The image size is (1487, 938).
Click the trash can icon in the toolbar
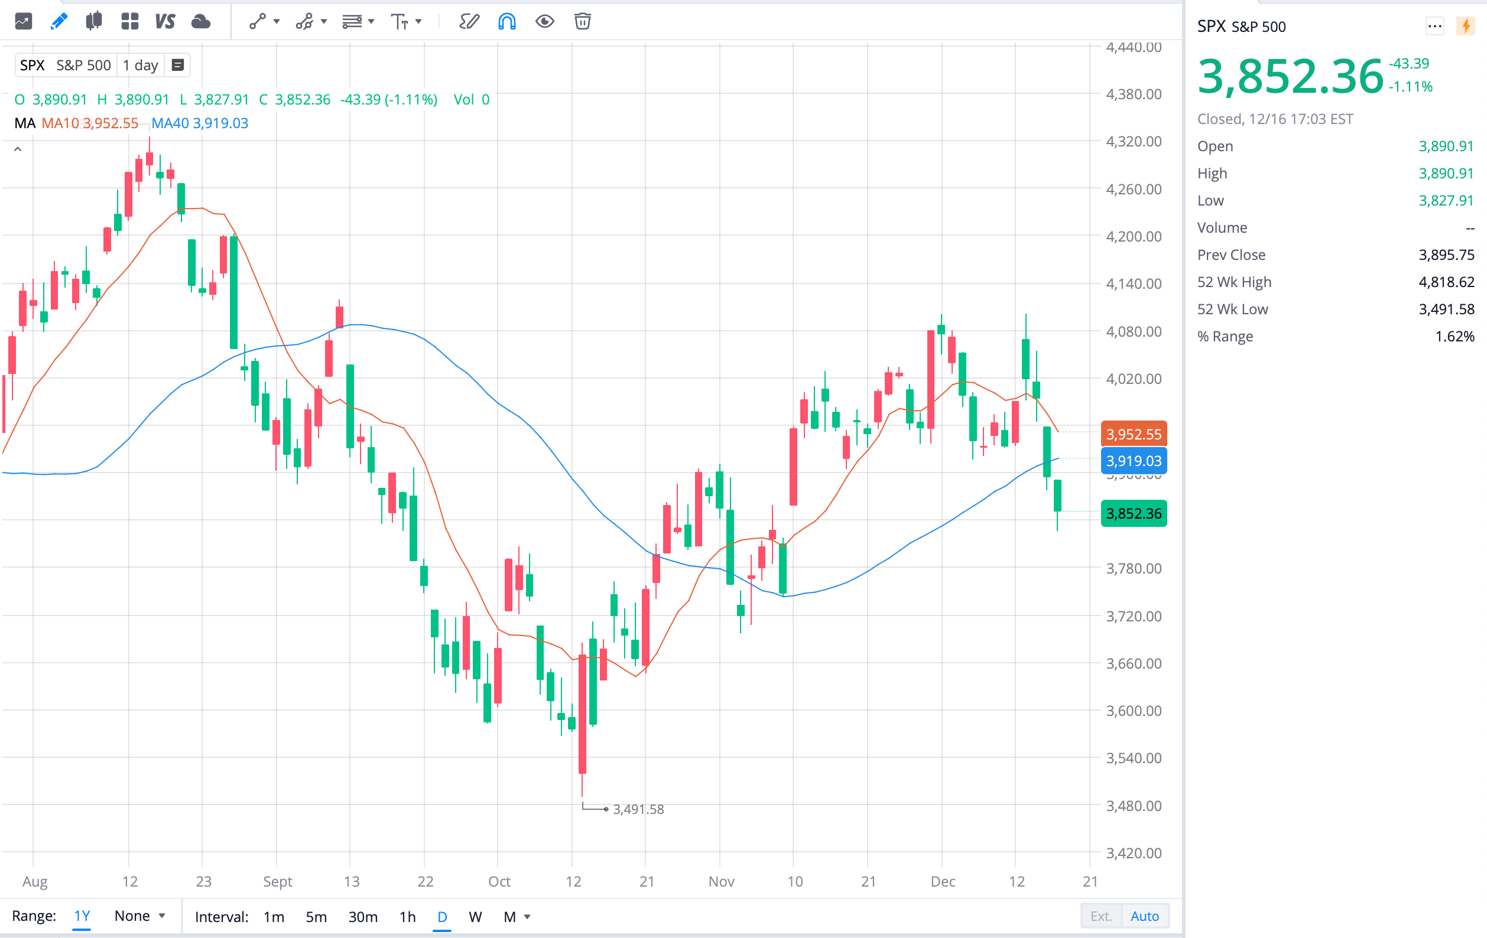[582, 22]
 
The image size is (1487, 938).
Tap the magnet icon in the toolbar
[507, 22]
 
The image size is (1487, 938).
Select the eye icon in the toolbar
[544, 22]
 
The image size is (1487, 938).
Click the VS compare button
[165, 22]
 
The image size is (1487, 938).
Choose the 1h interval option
[408, 916]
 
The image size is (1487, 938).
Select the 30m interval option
[362, 916]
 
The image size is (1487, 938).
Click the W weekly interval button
[475, 916]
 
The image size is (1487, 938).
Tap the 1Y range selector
[82, 916]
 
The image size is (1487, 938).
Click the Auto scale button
[1144, 916]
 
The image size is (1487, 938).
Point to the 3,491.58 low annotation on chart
[638, 809]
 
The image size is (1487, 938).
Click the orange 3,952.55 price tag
[1134, 434]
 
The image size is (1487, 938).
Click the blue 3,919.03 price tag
[1134, 460]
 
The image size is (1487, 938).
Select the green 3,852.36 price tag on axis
[1134, 513]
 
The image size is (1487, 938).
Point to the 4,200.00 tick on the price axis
[1134, 236]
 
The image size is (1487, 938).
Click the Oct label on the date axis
[499, 881]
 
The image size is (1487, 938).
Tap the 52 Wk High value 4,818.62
[1446, 282]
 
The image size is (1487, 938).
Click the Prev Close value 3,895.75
[1446, 255]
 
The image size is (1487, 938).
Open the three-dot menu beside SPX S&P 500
[1434, 26]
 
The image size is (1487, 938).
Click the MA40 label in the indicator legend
[170, 123]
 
